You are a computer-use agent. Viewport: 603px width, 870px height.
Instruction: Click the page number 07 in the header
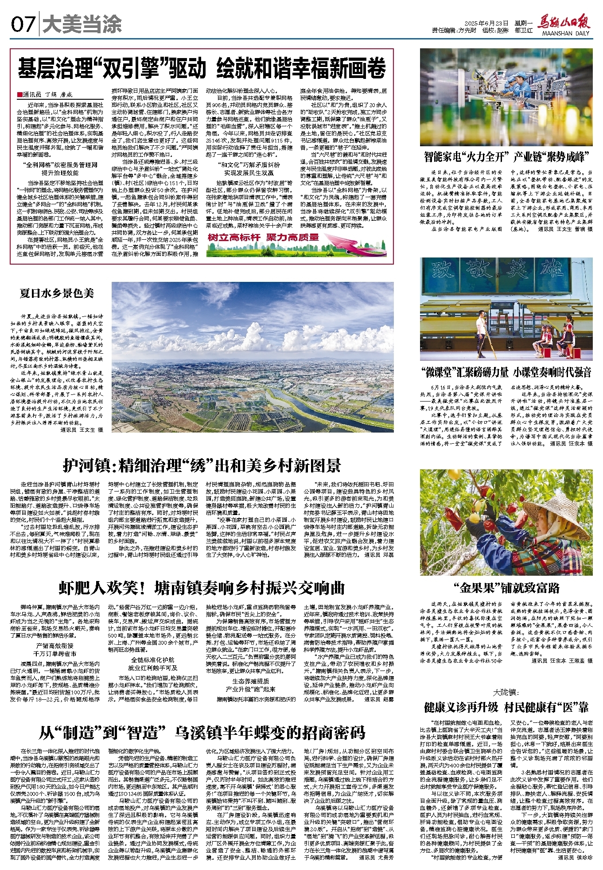[x=23, y=25]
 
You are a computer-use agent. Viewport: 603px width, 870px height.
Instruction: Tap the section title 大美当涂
[x=77, y=25]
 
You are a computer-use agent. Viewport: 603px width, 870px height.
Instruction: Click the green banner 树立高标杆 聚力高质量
[x=264, y=238]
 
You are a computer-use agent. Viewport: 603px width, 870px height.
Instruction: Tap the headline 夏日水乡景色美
[x=57, y=293]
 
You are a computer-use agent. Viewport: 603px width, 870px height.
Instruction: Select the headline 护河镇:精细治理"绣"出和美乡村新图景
[x=202, y=466]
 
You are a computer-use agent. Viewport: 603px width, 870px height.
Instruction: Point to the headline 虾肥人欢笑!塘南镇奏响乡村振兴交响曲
[x=202, y=588]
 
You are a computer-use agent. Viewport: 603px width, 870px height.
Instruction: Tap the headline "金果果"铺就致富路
[x=506, y=588]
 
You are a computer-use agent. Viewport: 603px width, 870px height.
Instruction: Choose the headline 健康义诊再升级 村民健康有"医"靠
[x=506, y=707]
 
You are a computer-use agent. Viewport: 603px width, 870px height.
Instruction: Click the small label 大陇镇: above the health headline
[x=506, y=693]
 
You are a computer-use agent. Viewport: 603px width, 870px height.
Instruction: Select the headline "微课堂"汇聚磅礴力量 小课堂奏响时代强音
[x=506, y=372]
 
